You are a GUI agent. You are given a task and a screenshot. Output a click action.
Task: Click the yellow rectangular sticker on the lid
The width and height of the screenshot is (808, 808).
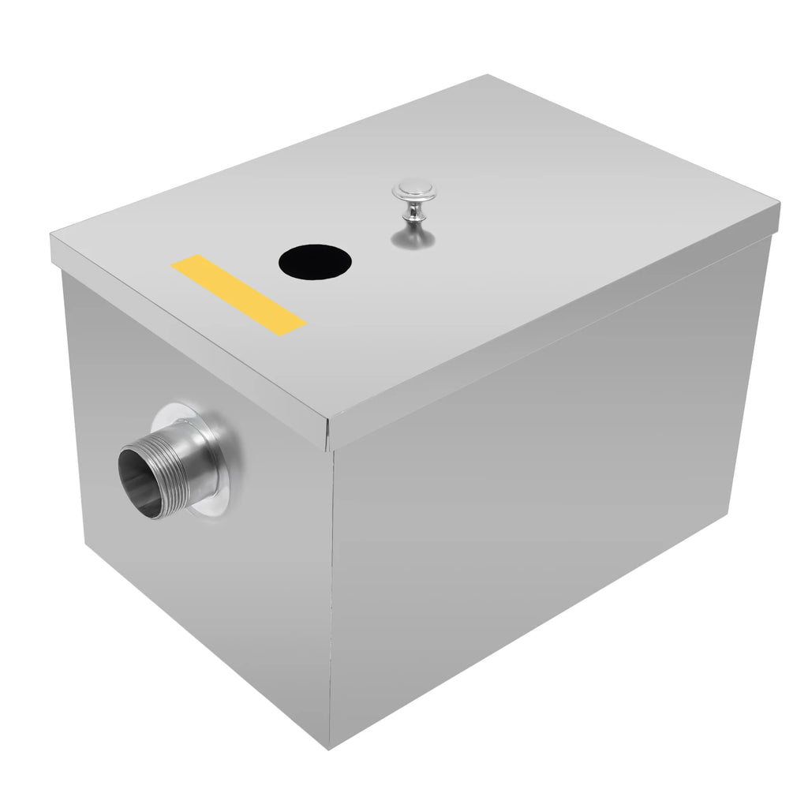coord(238,295)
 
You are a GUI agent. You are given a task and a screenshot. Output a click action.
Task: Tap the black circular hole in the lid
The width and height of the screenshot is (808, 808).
coord(315,261)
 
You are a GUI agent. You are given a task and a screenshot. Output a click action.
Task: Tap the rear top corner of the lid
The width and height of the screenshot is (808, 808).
coord(488,77)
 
